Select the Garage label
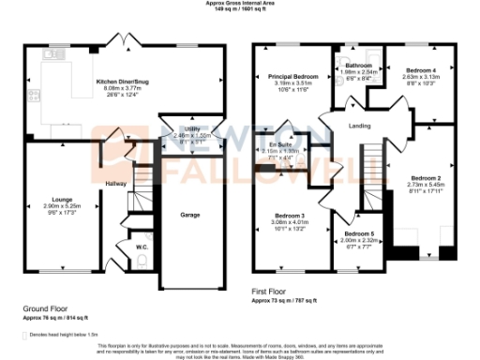click(190, 215)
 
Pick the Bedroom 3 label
click(289, 216)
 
